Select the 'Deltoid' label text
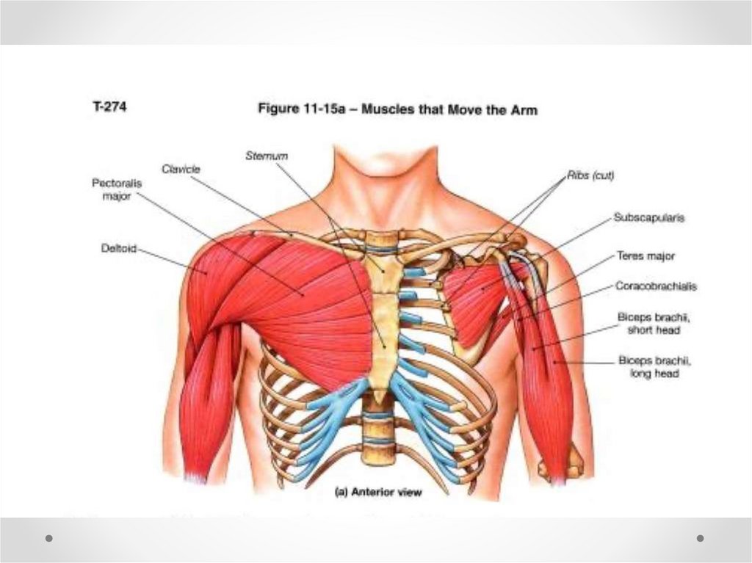click(x=119, y=250)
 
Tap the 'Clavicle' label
click(x=181, y=168)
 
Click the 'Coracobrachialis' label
click(x=656, y=287)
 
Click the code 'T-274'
click(x=106, y=106)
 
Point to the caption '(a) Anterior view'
click(x=378, y=493)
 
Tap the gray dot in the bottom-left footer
click(x=49, y=538)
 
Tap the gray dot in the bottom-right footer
click(x=700, y=538)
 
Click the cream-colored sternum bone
click(x=383, y=323)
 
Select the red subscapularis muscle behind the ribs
click(x=477, y=294)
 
